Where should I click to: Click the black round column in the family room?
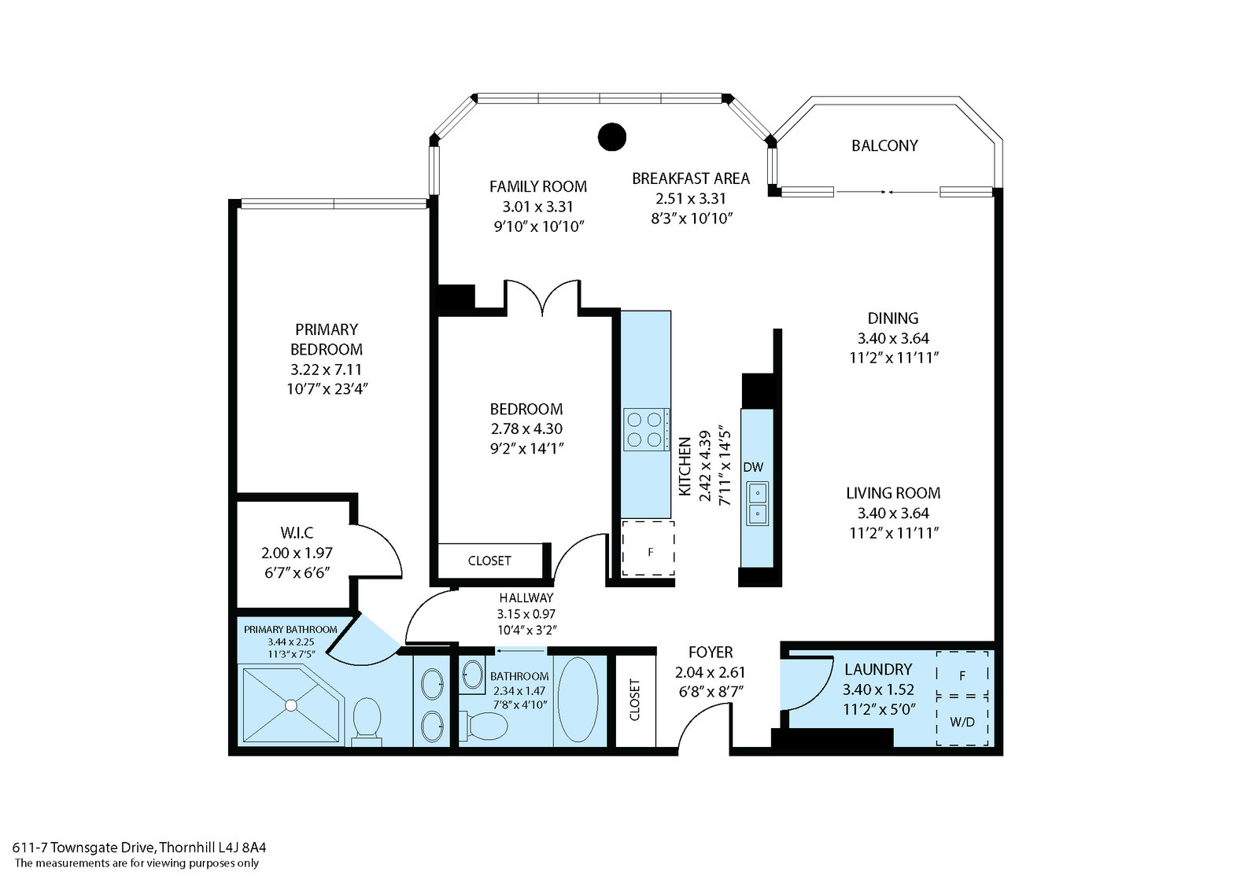(x=611, y=137)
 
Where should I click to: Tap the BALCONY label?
(x=884, y=145)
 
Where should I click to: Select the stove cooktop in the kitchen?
(x=646, y=429)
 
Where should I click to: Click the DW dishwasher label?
(x=753, y=467)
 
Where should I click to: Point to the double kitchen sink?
(x=756, y=503)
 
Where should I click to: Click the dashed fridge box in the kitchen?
(x=648, y=548)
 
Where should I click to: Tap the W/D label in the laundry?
(x=962, y=721)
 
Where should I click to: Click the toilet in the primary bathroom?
(x=366, y=719)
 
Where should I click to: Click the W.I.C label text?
(x=297, y=533)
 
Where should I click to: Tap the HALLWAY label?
(x=526, y=598)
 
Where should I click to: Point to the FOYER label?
(x=710, y=652)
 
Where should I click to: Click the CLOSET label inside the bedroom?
(x=489, y=561)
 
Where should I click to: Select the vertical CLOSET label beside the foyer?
(x=635, y=699)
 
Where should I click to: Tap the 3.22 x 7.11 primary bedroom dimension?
(x=326, y=370)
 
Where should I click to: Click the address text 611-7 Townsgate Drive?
(x=84, y=847)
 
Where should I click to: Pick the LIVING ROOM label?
(x=893, y=493)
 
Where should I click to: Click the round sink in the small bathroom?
(x=474, y=674)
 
